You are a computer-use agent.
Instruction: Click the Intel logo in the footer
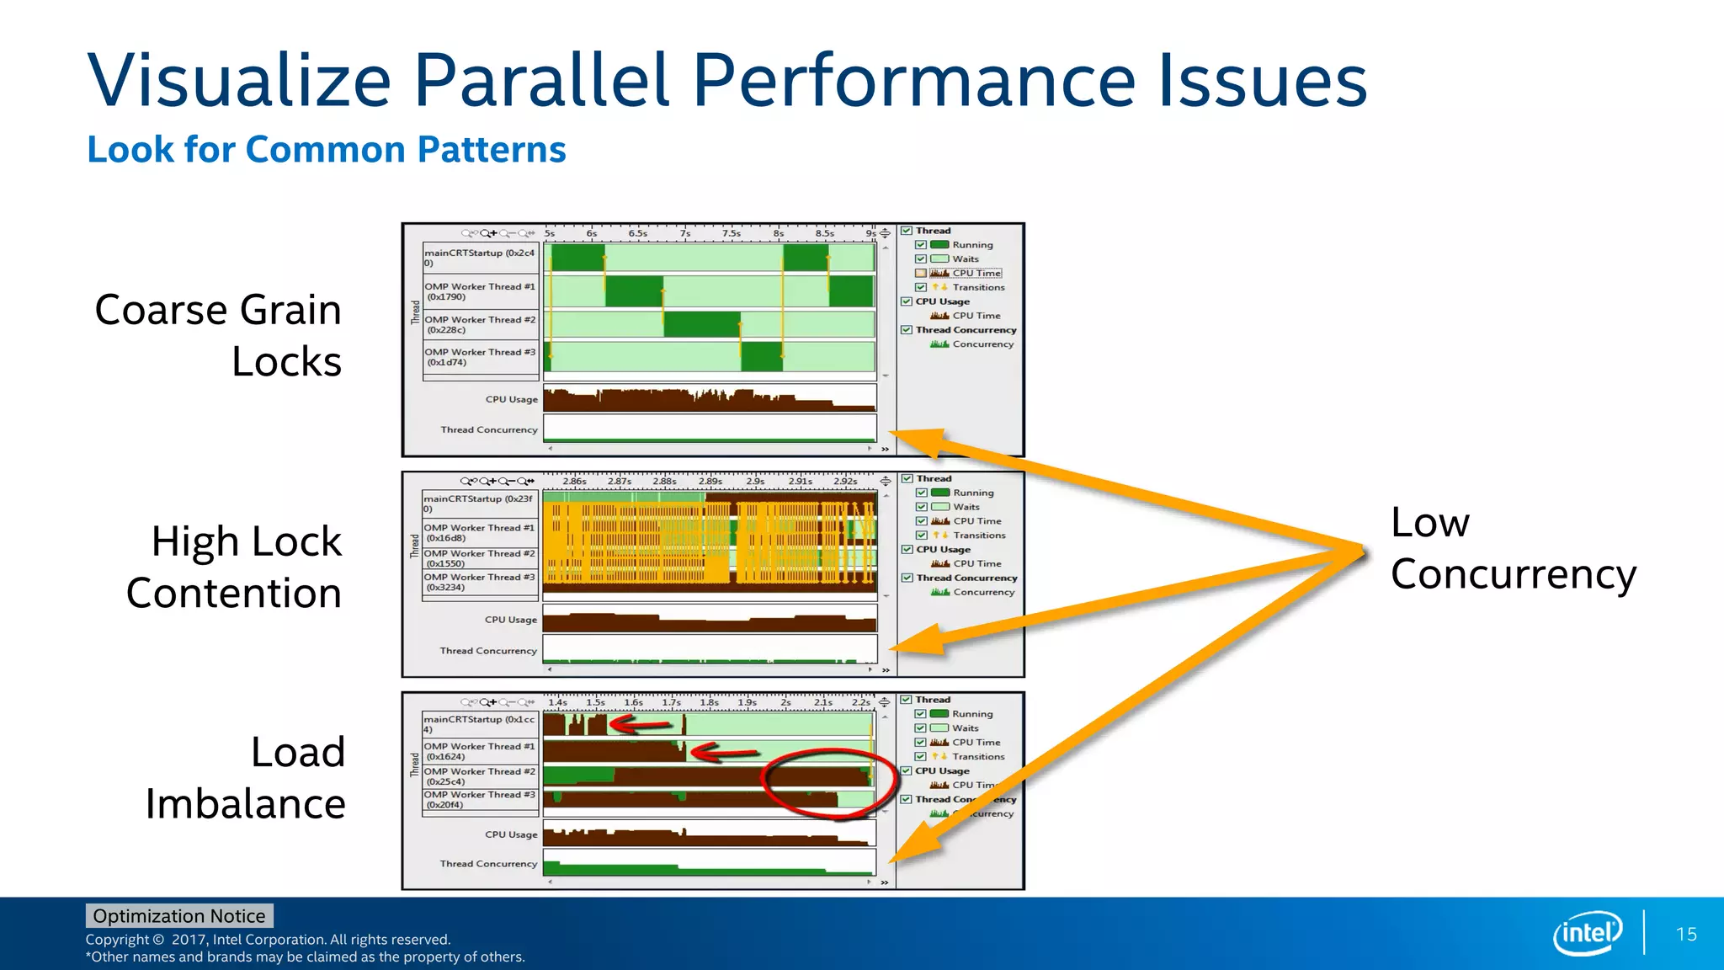pyautogui.click(x=1588, y=933)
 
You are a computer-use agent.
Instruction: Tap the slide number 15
pyautogui.click(x=1686, y=934)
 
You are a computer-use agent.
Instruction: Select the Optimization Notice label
pyautogui.click(x=179, y=915)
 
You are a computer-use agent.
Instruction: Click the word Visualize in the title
pyautogui.click(x=239, y=81)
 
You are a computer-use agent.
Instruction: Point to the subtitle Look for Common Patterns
pyautogui.click(x=327, y=150)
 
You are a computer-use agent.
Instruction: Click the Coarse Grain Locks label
pyautogui.click(x=219, y=335)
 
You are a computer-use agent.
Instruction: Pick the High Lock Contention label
pyautogui.click(x=235, y=567)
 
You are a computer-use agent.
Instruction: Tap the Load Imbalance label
pyautogui.click(x=246, y=777)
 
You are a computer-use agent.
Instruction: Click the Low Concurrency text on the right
pyautogui.click(x=1512, y=548)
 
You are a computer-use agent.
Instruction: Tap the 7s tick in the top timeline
pyautogui.click(x=685, y=233)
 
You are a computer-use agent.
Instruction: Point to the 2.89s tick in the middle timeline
pyautogui.click(x=710, y=482)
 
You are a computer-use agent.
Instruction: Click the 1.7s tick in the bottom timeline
pyautogui.click(x=671, y=702)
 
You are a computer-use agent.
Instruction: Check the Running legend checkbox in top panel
pyautogui.click(x=921, y=245)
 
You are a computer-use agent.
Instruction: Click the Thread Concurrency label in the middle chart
pyautogui.click(x=488, y=651)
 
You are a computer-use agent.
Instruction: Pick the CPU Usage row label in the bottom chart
pyautogui.click(x=510, y=834)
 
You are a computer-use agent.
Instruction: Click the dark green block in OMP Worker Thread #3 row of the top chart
pyautogui.click(x=762, y=357)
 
